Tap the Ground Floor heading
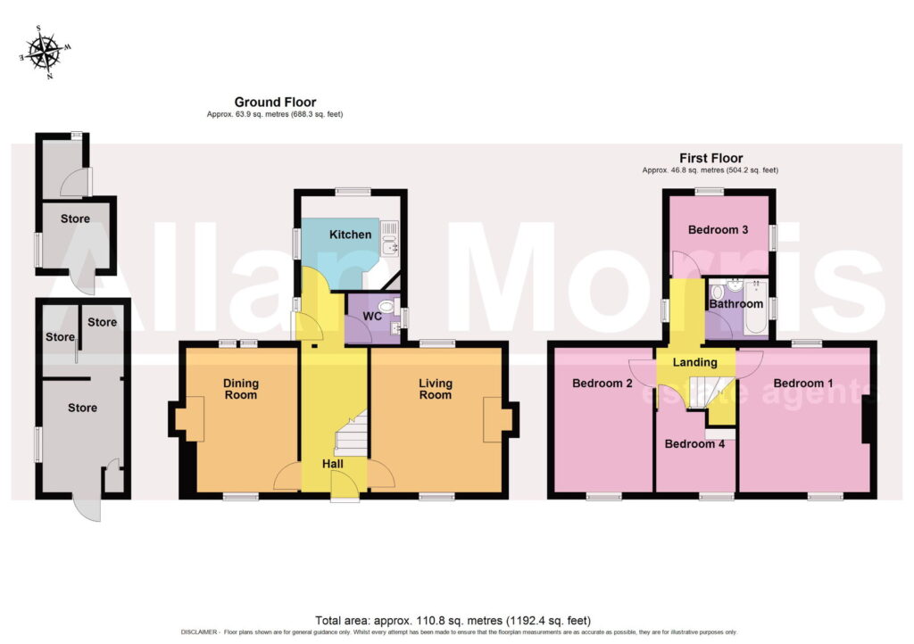tap(275, 102)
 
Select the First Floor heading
tap(710, 158)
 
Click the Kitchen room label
tap(350, 235)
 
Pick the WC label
tap(372, 316)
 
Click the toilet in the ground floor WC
tap(388, 306)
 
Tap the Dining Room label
tap(241, 389)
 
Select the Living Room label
tap(436, 389)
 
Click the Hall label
tap(333, 464)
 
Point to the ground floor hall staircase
tap(351, 433)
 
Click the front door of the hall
tap(345, 487)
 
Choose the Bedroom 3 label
tap(718, 229)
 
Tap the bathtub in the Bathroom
tap(756, 307)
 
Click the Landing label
tap(694, 362)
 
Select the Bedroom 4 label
tap(694, 443)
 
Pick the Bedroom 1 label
tap(802, 384)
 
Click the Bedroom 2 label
tap(602, 384)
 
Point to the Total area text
tap(453, 621)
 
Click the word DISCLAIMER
tap(199, 632)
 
